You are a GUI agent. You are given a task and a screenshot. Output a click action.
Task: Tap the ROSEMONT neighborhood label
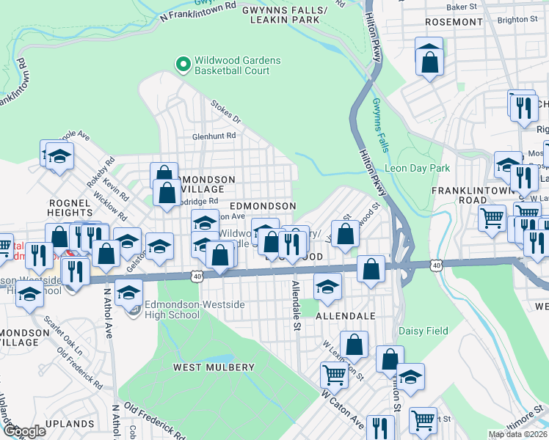tap(451, 22)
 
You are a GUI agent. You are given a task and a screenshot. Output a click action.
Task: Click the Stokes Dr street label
tap(225, 111)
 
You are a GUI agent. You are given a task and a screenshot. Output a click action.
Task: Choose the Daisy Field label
tap(423, 331)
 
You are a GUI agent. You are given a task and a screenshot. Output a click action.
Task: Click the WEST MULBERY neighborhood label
tap(214, 367)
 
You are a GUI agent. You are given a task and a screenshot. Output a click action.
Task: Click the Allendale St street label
tap(297, 305)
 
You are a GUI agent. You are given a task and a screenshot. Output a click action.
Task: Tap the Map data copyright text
tap(517, 434)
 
